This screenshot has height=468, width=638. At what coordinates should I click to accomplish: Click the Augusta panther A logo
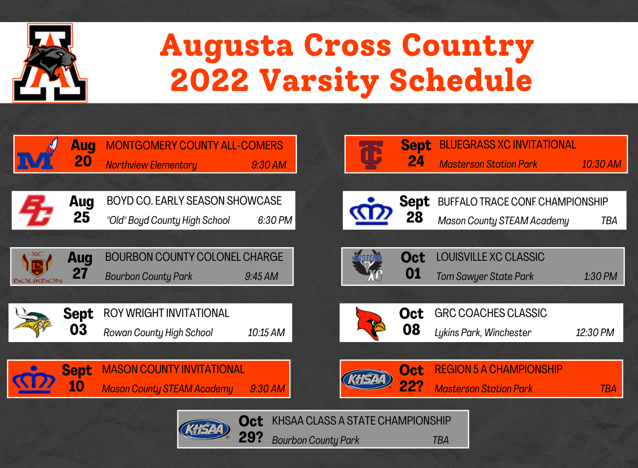[50, 63]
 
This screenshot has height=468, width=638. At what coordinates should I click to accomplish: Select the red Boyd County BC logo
[36, 211]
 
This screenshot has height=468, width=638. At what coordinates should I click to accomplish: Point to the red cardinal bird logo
[370, 323]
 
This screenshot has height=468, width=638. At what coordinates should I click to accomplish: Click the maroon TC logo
[370, 155]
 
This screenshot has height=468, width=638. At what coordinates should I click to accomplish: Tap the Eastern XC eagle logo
[368, 265]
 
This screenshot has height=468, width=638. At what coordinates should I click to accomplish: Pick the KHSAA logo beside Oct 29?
[204, 429]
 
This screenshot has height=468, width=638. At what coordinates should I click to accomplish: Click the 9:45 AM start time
[262, 276]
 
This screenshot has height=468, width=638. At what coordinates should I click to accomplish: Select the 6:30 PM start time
[275, 220]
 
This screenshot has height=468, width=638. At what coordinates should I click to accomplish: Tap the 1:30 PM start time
[601, 276]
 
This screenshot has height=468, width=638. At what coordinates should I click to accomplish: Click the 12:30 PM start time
[595, 332]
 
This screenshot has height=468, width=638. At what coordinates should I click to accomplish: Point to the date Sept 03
[78, 322]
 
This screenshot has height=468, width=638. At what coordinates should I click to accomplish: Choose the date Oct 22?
[411, 378]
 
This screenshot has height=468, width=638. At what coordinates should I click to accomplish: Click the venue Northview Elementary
[151, 165]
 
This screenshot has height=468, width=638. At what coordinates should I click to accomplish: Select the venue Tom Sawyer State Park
[485, 277]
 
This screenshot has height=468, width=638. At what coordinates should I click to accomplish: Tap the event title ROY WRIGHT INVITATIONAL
[166, 313]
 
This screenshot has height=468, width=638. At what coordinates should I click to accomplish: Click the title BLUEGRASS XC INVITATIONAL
[507, 145]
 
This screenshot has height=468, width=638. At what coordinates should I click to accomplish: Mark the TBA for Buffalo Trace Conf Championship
[609, 220]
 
